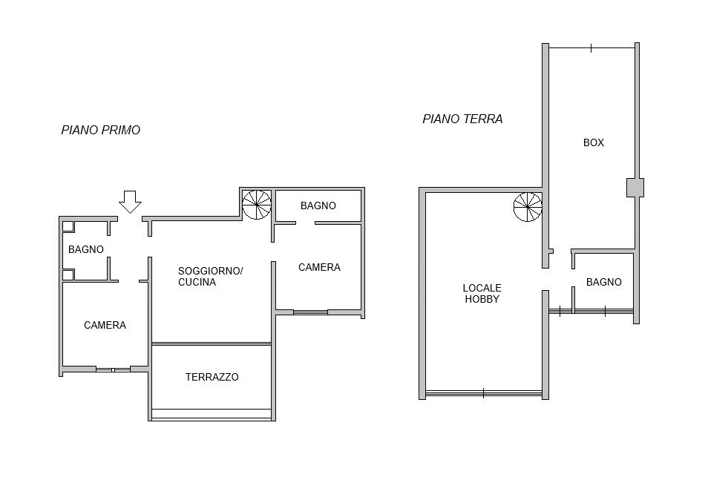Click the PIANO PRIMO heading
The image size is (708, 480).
click(101, 130)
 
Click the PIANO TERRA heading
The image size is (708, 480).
click(462, 119)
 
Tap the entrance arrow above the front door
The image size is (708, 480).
click(130, 201)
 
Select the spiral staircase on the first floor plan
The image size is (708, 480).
click(257, 205)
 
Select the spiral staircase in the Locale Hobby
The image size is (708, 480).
click(528, 207)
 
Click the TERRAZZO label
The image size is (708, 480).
click(212, 377)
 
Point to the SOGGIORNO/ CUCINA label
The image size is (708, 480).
click(211, 276)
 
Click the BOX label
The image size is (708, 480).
click(593, 142)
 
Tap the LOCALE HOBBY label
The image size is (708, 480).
click(482, 294)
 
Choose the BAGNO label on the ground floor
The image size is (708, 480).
click(603, 282)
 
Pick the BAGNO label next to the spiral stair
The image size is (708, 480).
click(318, 206)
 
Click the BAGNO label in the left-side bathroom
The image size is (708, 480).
click(86, 249)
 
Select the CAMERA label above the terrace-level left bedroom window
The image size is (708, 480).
click(105, 325)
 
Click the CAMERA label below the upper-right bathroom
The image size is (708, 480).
click(319, 267)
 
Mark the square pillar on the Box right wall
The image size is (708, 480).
click(635, 188)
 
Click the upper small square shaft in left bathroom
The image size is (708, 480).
click(68, 226)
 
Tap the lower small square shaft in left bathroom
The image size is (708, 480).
click(68, 274)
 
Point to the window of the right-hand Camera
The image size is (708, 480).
click(311, 312)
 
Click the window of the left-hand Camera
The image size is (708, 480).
click(113, 369)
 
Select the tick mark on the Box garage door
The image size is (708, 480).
click(591, 48)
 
